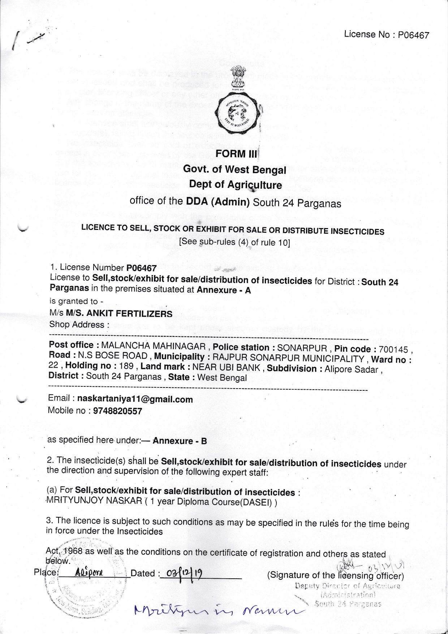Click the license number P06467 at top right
(413, 35)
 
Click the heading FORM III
(236, 154)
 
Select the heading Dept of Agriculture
(236, 185)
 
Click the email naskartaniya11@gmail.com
(135, 399)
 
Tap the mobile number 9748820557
(117, 411)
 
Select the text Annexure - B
(180, 441)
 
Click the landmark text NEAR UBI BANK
(226, 368)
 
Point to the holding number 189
(126, 366)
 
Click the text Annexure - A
(224, 290)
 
